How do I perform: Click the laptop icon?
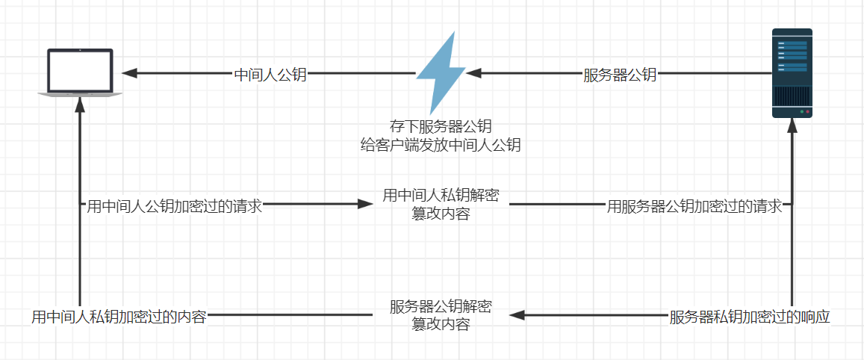[x=80, y=72]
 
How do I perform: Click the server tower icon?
[x=792, y=73]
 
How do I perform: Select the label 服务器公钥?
[x=620, y=75]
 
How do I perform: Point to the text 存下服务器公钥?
[x=441, y=126]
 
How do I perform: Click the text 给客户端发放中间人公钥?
[x=440, y=145]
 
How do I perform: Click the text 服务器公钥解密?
[x=441, y=307]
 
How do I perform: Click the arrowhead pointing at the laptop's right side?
[x=130, y=73]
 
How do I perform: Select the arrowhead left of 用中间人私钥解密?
[x=365, y=203]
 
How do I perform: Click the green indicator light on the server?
[x=802, y=112]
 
